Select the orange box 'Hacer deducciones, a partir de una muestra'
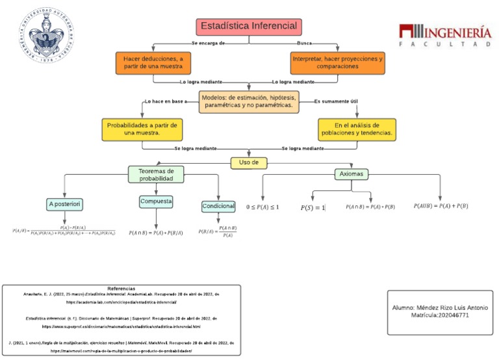(x=153, y=62)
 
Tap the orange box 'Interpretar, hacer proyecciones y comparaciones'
(x=337, y=62)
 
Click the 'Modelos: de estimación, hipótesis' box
(x=249, y=101)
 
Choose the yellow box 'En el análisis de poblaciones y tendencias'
(x=356, y=129)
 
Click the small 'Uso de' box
(x=249, y=162)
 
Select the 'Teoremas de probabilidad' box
(x=157, y=174)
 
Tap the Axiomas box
(x=352, y=174)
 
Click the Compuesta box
(x=156, y=202)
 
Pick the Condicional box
(x=218, y=206)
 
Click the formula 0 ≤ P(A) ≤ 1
(x=262, y=207)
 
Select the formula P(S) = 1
(x=313, y=208)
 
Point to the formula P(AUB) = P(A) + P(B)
(x=441, y=206)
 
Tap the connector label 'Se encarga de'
(x=208, y=43)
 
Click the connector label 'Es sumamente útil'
(x=335, y=101)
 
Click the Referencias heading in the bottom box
(x=121, y=288)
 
